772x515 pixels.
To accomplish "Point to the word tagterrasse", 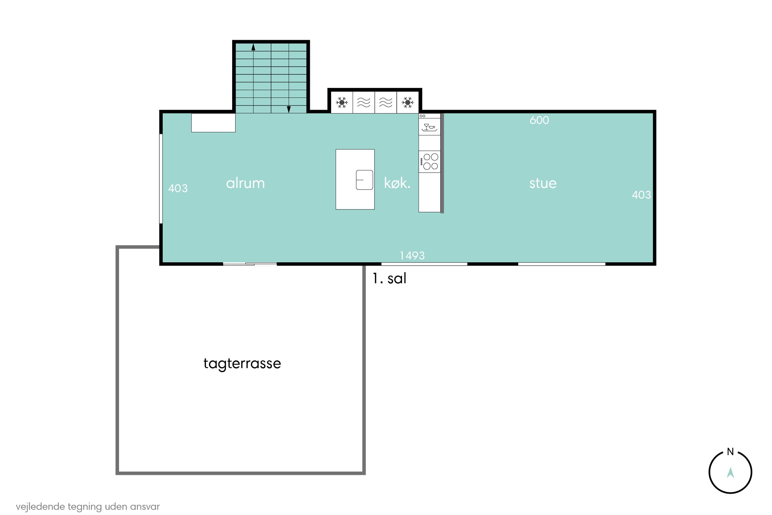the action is pos(242,364).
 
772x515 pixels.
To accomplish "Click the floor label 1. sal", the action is pos(389,279).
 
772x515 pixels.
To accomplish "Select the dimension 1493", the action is pos(412,255).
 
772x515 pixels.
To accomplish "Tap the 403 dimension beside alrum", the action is pos(178,188).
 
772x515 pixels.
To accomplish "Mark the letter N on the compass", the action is pos(730,452).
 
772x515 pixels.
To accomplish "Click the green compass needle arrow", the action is pos(730,473).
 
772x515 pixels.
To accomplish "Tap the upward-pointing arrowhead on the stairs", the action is pos(253,47).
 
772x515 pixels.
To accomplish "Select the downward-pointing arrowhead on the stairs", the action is pos(289,109).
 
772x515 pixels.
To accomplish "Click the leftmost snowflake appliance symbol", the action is pos(342,102).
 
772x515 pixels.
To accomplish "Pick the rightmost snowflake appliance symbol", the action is pos(408,102).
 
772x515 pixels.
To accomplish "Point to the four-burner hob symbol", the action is pos(430,162).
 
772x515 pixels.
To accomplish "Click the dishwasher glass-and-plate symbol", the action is pos(429,127).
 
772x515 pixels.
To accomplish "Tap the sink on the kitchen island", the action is pos(364,180).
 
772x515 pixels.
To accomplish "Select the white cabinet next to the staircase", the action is pos(213,123).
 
